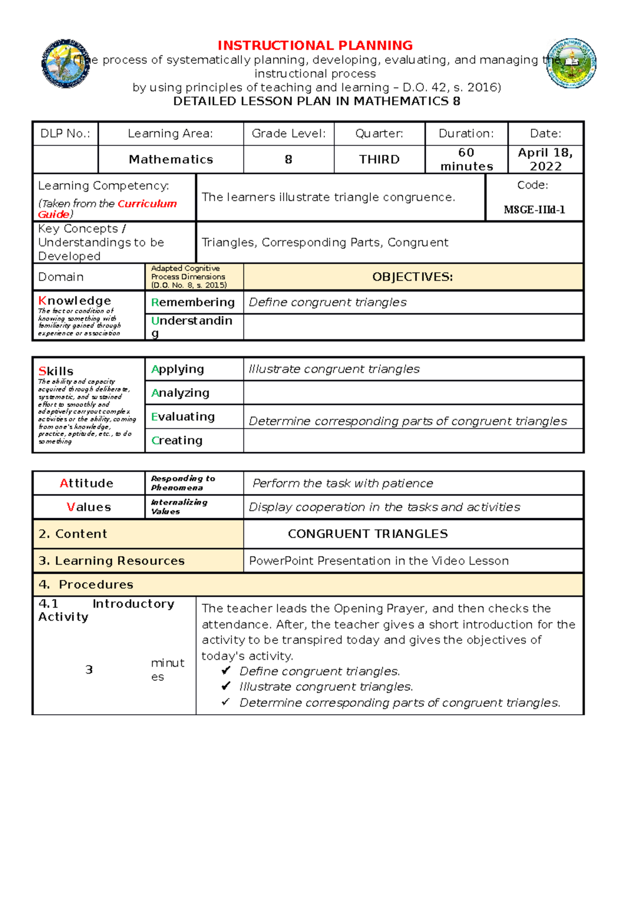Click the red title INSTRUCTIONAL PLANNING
click(x=315, y=45)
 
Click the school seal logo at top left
click(x=66, y=63)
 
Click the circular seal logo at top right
click(x=571, y=63)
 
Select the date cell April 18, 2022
click(x=545, y=160)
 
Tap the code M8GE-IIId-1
click(x=534, y=210)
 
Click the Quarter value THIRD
click(x=379, y=160)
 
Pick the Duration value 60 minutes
click(x=467, y=160)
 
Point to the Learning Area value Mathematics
click(x=171, y=160)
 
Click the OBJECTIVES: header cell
click(x=413, y=277)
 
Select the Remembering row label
click(x=193, y=302)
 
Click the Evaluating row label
click(x=183, y=417)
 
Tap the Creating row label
click(x=177, y=441)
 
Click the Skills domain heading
click(x=56, y=371)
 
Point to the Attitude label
click(x=87, y=483)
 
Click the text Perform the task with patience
click(x=343, y=483)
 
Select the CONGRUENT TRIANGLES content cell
click(x=368, y=534)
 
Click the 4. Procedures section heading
click(x=86, y=585)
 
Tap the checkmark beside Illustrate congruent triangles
click(x=226, y=686)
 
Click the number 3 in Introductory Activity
click(x=89, y=670)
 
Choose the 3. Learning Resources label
click(x=111, y=561)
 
